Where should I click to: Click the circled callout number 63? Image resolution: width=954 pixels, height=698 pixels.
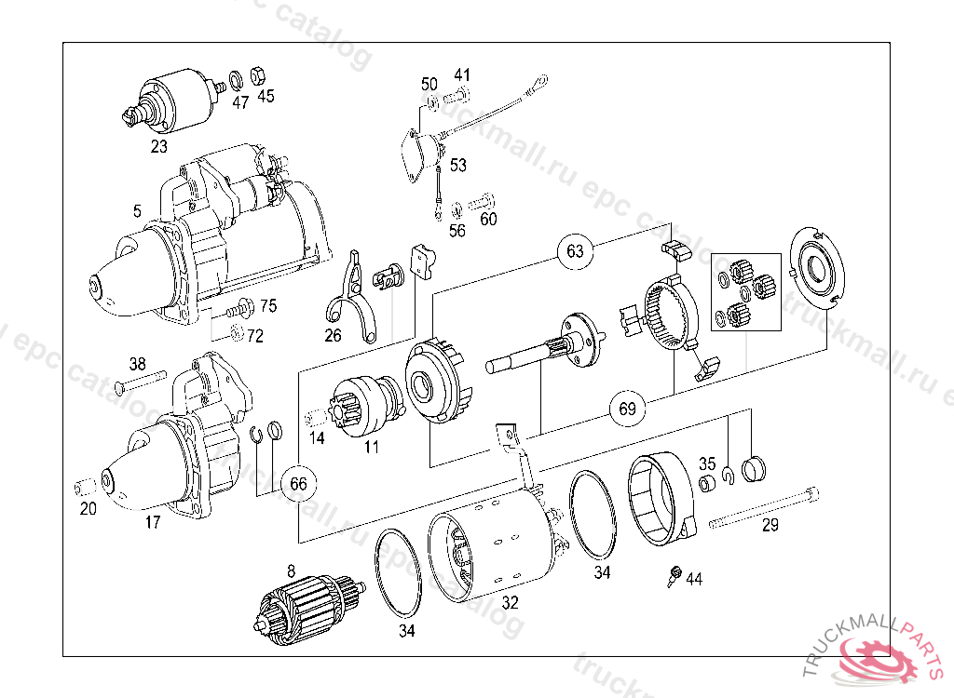tap(575, 250)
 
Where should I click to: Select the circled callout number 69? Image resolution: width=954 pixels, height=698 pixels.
tap(627, 409)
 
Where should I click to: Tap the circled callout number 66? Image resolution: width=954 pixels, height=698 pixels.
tap(298, 483)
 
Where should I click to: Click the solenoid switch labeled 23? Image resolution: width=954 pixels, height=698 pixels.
tap(173, 99)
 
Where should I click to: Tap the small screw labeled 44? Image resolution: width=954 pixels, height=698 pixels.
tap(674, 576)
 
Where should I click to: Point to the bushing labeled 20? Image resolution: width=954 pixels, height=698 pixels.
tap(82, 488)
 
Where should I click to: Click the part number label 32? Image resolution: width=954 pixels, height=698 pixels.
tap(510, 602)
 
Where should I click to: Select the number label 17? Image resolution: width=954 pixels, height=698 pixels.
tap(153, 522)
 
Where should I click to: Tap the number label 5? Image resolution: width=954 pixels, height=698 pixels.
tap(137, 212)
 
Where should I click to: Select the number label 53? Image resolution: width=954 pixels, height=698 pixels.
tap(458, 166)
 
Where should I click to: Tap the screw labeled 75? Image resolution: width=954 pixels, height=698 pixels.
tap(244, 305)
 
